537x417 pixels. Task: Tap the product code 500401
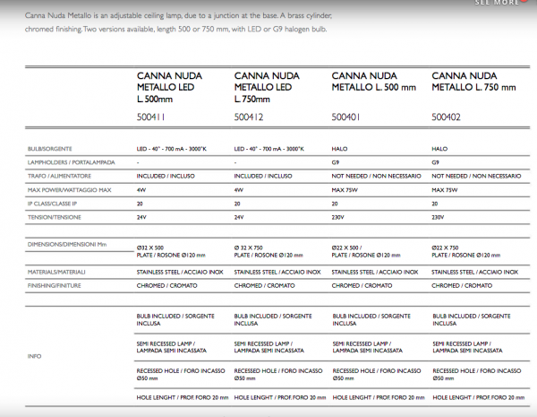(x=347, y=116)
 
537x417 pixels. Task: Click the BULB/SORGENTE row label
(x=50, y=148)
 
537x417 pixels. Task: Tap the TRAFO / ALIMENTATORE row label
(x=57, y=177)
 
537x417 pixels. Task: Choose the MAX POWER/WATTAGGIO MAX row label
(x=69, y=190)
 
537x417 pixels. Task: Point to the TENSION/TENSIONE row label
(x=52, y=217)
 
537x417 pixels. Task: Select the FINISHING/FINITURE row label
(x=55, y=285)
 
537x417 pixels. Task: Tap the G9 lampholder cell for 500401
(x=336, y=162)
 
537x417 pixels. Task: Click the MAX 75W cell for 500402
(x=445, y=190)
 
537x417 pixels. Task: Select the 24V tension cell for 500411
(x=141, y=217)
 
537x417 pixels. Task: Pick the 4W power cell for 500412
(x=239, y=190)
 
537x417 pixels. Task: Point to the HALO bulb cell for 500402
(x=439, y=148)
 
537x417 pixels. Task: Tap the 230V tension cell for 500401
(x=339, y=217)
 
